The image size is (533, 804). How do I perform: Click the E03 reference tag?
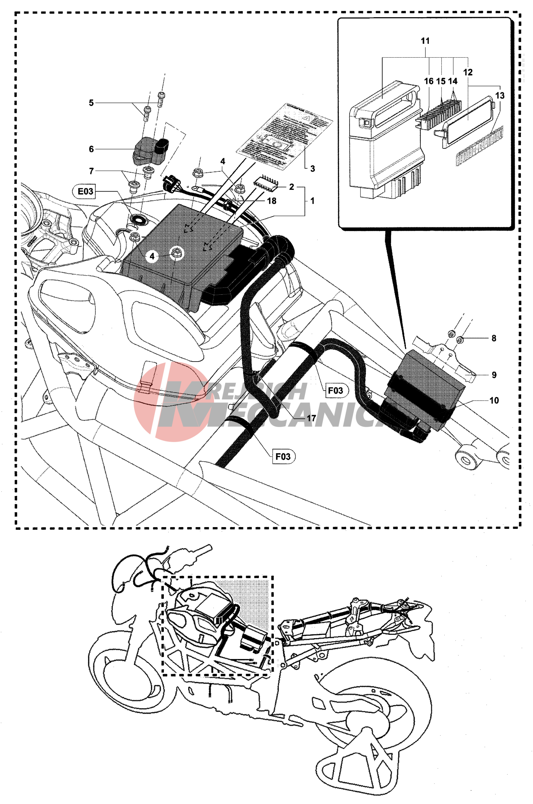(x=85, y=192)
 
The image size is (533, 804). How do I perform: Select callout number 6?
(x=91, y=149)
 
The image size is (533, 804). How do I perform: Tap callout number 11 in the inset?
(x=425, y=41)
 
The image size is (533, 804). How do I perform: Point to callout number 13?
(x=500, y=96)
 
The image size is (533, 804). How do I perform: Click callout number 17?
(x=311, y=418)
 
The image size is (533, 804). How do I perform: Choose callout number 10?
(x=494, y=400)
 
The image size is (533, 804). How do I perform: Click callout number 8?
(x=494, y=338)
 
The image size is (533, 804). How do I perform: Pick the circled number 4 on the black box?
(x=152, y=256)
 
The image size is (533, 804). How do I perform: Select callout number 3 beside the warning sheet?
(x=313, y=169)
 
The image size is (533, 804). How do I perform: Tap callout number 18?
(x=272, y=201)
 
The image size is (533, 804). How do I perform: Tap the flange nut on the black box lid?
(x=176, y=252)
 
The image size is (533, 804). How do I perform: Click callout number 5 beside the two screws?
(x=91, y=103)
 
